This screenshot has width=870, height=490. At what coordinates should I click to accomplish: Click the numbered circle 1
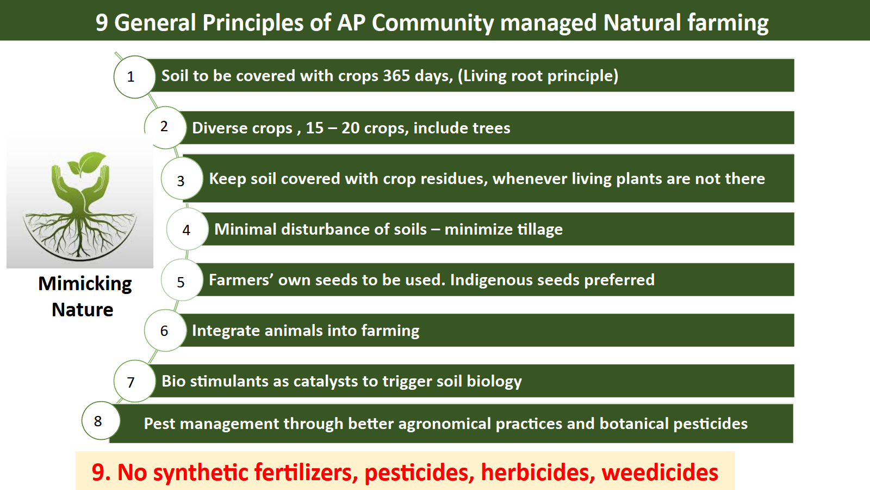tap(134, 77)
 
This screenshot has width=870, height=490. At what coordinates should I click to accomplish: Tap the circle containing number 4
tap(188, 229)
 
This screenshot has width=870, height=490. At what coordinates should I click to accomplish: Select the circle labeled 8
tap(101, 421)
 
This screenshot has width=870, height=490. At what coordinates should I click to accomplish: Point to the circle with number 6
tap(165, 330)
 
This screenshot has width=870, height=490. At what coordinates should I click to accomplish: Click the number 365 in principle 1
tap(396, 76)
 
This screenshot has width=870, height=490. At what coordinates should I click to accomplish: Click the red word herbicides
tap(538, 472)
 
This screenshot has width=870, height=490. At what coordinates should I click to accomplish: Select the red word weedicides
tap(660, 472)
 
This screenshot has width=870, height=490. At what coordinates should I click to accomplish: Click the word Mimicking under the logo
tap(85, 284)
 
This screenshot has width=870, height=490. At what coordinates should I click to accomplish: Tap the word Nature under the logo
tap(82, 310)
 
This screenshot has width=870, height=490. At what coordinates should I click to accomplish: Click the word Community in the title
tap(433, 23)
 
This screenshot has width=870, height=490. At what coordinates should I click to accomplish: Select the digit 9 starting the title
tap(101, 22)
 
